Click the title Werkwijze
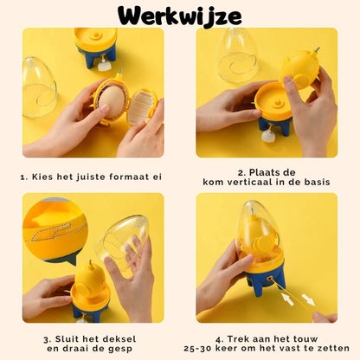tap(180, 16)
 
